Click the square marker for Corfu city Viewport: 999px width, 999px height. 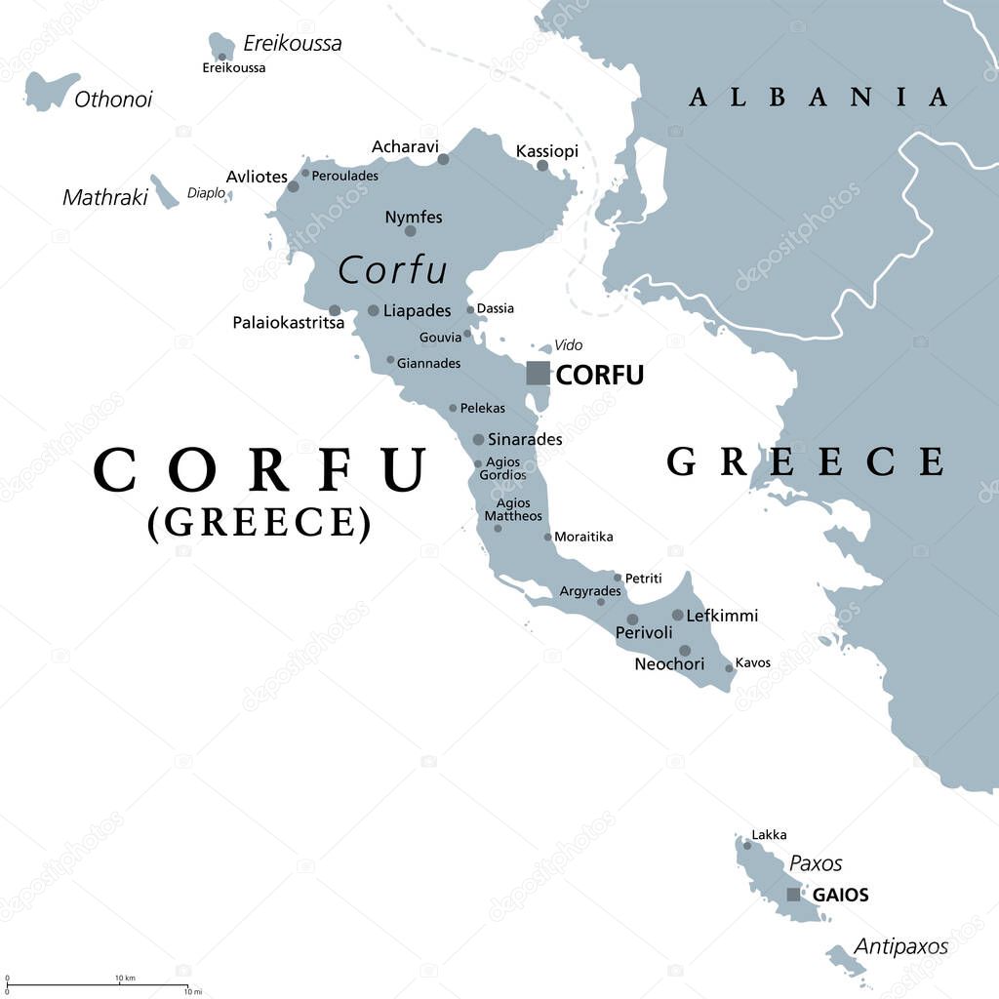538,373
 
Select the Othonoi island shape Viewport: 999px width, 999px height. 49,90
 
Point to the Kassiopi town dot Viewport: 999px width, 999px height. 541,166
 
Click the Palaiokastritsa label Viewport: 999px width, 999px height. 288,322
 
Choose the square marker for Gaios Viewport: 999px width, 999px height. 793,895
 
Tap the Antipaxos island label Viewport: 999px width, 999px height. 900,945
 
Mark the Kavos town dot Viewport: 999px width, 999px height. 729,668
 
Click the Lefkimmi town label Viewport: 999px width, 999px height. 722,616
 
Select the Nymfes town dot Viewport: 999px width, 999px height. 410,231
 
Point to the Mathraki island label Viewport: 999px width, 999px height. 104,197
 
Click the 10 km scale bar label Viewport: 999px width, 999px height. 125,978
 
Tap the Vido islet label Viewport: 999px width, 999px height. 568,344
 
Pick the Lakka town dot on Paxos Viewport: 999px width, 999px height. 747,846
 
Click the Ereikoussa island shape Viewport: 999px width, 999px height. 221,46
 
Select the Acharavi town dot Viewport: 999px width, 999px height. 443,159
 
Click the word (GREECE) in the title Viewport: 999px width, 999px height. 260,523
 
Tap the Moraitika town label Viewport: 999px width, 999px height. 583,537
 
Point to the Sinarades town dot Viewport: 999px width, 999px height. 478,440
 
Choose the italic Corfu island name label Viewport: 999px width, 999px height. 391,270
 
